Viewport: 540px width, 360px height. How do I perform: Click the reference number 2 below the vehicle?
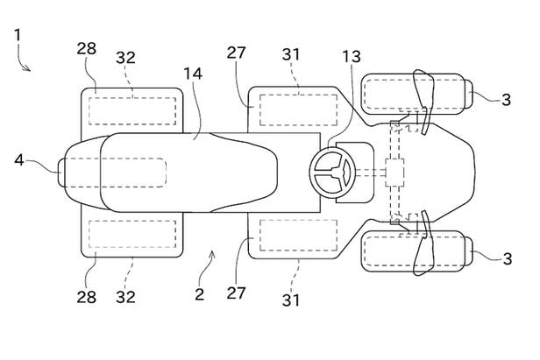(199, 294)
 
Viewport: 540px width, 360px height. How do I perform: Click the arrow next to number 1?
(25, 65)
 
